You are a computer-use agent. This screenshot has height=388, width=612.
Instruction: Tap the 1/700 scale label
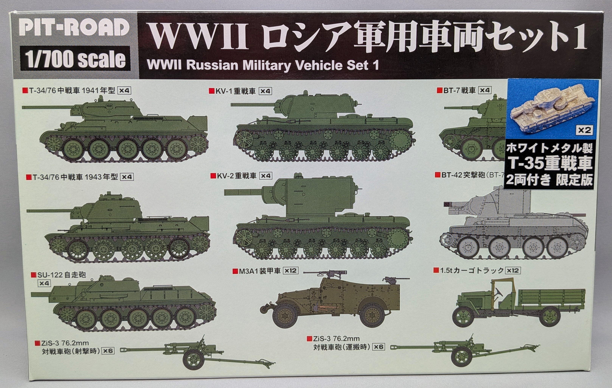pos(75,59)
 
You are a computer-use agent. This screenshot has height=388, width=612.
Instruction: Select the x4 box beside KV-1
pos(265,91)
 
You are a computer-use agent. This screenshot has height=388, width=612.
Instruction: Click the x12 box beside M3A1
pos(290,271)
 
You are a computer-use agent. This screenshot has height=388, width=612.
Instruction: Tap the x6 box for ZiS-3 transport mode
pos(378,346)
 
